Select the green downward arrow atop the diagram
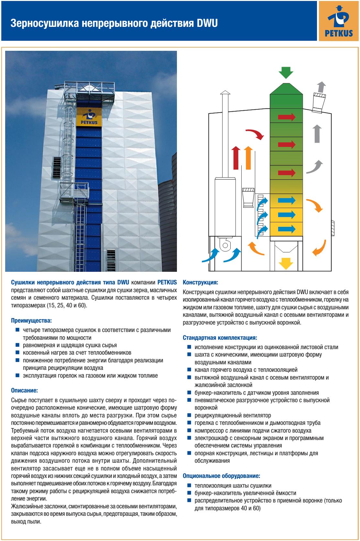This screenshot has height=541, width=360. (x=286, y=73)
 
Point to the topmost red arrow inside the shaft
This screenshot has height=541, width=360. (x=287, y=116)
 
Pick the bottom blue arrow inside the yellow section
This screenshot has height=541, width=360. (x=287, y=229)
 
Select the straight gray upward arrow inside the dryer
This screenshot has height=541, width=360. (x=317, y=134)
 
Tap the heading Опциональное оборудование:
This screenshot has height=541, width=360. (x=222, y=476)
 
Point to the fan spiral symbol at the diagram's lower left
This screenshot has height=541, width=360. (x=224, y=245)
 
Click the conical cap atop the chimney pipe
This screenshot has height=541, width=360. (x=225, y=93)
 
